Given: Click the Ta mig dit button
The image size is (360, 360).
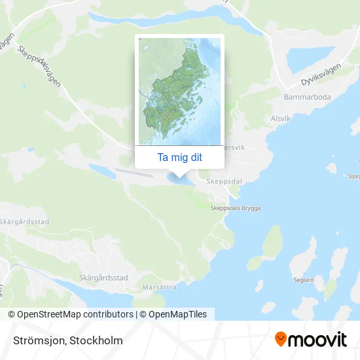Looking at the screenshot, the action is coord(179,158).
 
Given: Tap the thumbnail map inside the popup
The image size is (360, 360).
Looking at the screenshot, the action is coord(179,91).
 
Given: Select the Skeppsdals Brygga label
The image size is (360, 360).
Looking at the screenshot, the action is coord(235,208).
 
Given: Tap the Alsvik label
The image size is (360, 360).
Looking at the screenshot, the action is coord(280,120).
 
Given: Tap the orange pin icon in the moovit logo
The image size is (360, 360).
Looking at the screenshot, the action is coord(281,340).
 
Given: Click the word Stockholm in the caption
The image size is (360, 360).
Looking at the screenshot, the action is coord(98,340).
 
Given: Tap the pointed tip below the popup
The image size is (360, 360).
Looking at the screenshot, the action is coord(179,174).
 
